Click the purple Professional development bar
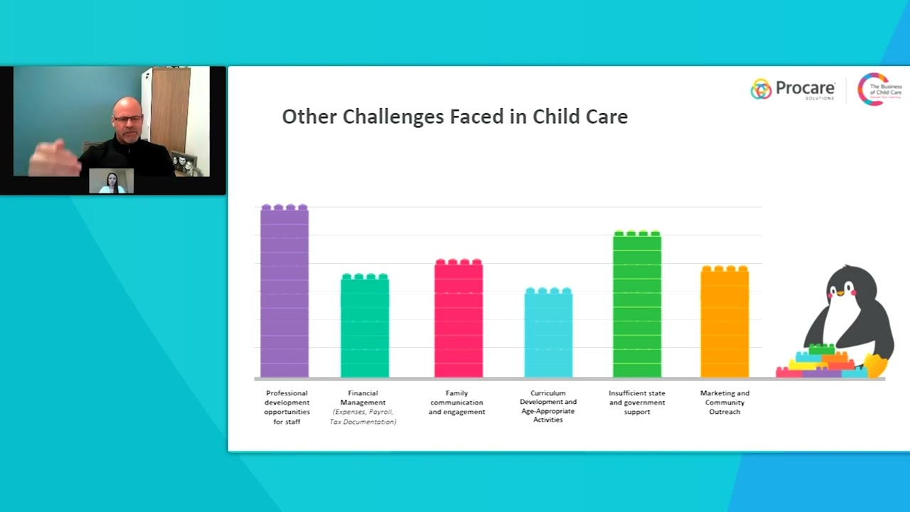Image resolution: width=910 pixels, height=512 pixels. (x=284, y=292)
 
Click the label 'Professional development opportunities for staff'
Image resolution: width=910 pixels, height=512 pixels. (x=287, y=407)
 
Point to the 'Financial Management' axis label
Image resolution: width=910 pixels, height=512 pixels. (x=363, y=398)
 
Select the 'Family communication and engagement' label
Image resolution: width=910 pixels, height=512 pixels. (x=456, y=402)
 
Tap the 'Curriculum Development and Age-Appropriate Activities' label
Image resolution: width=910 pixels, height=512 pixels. (x=548, y=406)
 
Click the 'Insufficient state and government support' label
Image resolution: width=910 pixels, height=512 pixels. (x=637, y=402)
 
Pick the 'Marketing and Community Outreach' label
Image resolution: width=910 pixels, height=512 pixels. (x=724, y=402)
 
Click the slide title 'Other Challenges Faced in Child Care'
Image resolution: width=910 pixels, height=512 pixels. (x=454, y=117)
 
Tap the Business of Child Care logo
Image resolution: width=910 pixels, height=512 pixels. (x=879, y=90)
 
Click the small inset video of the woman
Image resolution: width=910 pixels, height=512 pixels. (x=112, y=181)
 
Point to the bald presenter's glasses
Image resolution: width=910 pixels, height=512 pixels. (x=128, y=119)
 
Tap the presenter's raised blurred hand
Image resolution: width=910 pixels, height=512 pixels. (x=54, y=158)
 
